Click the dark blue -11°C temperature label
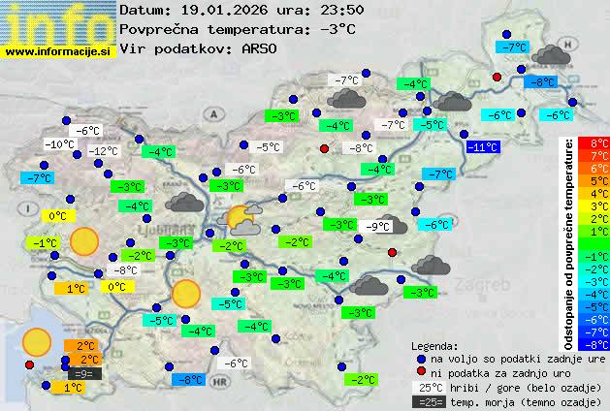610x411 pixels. [482, 147]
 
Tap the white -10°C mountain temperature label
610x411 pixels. [60, 144]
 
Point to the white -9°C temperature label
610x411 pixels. [378, 227]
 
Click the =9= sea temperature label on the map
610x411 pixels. [83, 373]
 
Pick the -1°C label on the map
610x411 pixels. [45, 242]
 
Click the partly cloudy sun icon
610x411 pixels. [239, 219]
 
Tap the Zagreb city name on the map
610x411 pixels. [487, 287]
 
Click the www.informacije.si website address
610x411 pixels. [57, 51]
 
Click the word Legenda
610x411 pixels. [434, 345]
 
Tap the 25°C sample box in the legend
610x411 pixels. [427, 387]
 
